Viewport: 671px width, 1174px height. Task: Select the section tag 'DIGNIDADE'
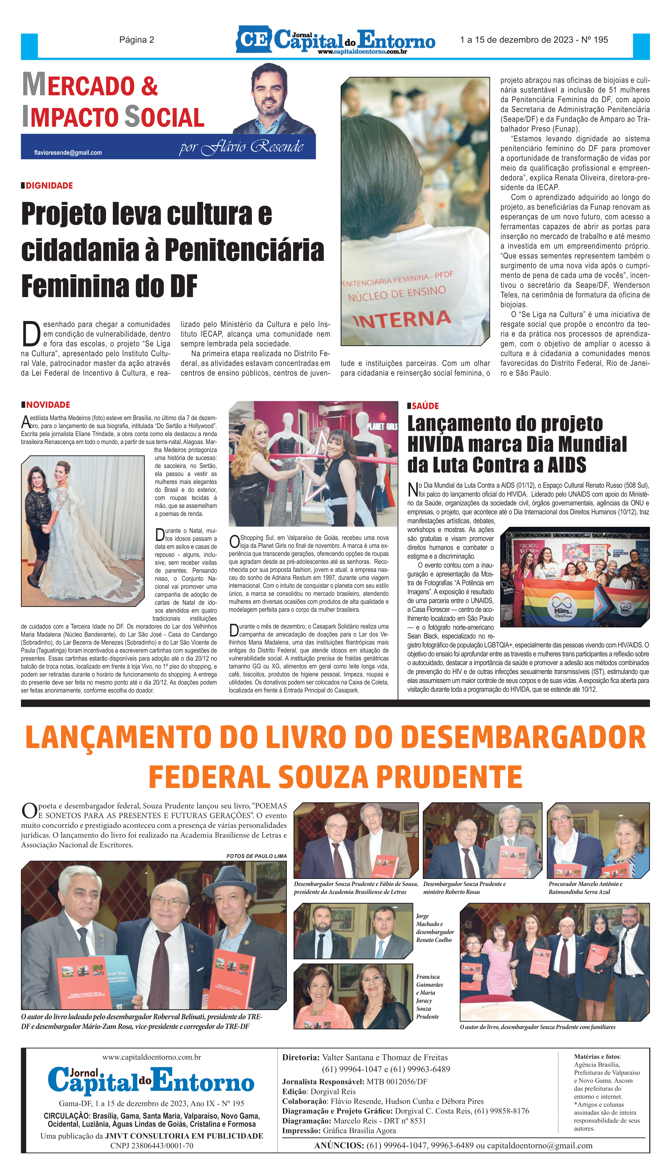[x=49, y=186]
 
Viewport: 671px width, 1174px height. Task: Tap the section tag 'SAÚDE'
[x=425, y=406]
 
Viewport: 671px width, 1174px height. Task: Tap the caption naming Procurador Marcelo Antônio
[x=585, y=888]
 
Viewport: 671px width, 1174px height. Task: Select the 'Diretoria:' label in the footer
[x=300, y=1057]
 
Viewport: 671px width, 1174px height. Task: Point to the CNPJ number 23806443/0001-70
[x=152, y=1146]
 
